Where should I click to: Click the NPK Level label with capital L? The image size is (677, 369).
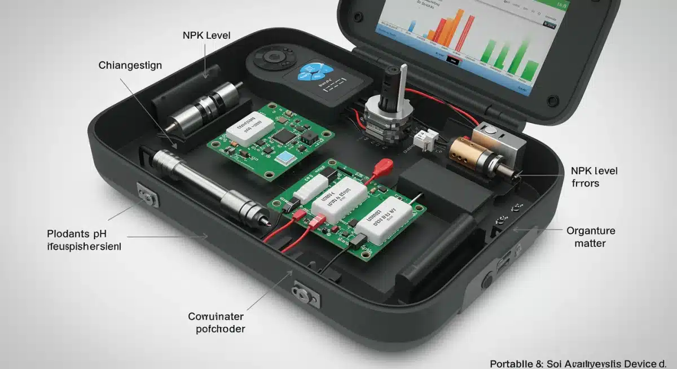[x=206, y=36]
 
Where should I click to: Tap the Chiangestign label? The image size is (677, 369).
[x=130, y=65]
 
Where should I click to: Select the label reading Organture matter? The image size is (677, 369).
[x=591, y=237]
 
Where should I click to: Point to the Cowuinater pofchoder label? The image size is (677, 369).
[x=217, y=323]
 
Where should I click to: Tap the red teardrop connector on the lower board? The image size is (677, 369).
[x=384, y=165]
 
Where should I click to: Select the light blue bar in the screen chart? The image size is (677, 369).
[x=412, y=25]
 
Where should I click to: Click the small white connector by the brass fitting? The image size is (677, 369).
[x=424, y=138]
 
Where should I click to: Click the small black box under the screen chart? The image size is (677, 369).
[x=452, y=58]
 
